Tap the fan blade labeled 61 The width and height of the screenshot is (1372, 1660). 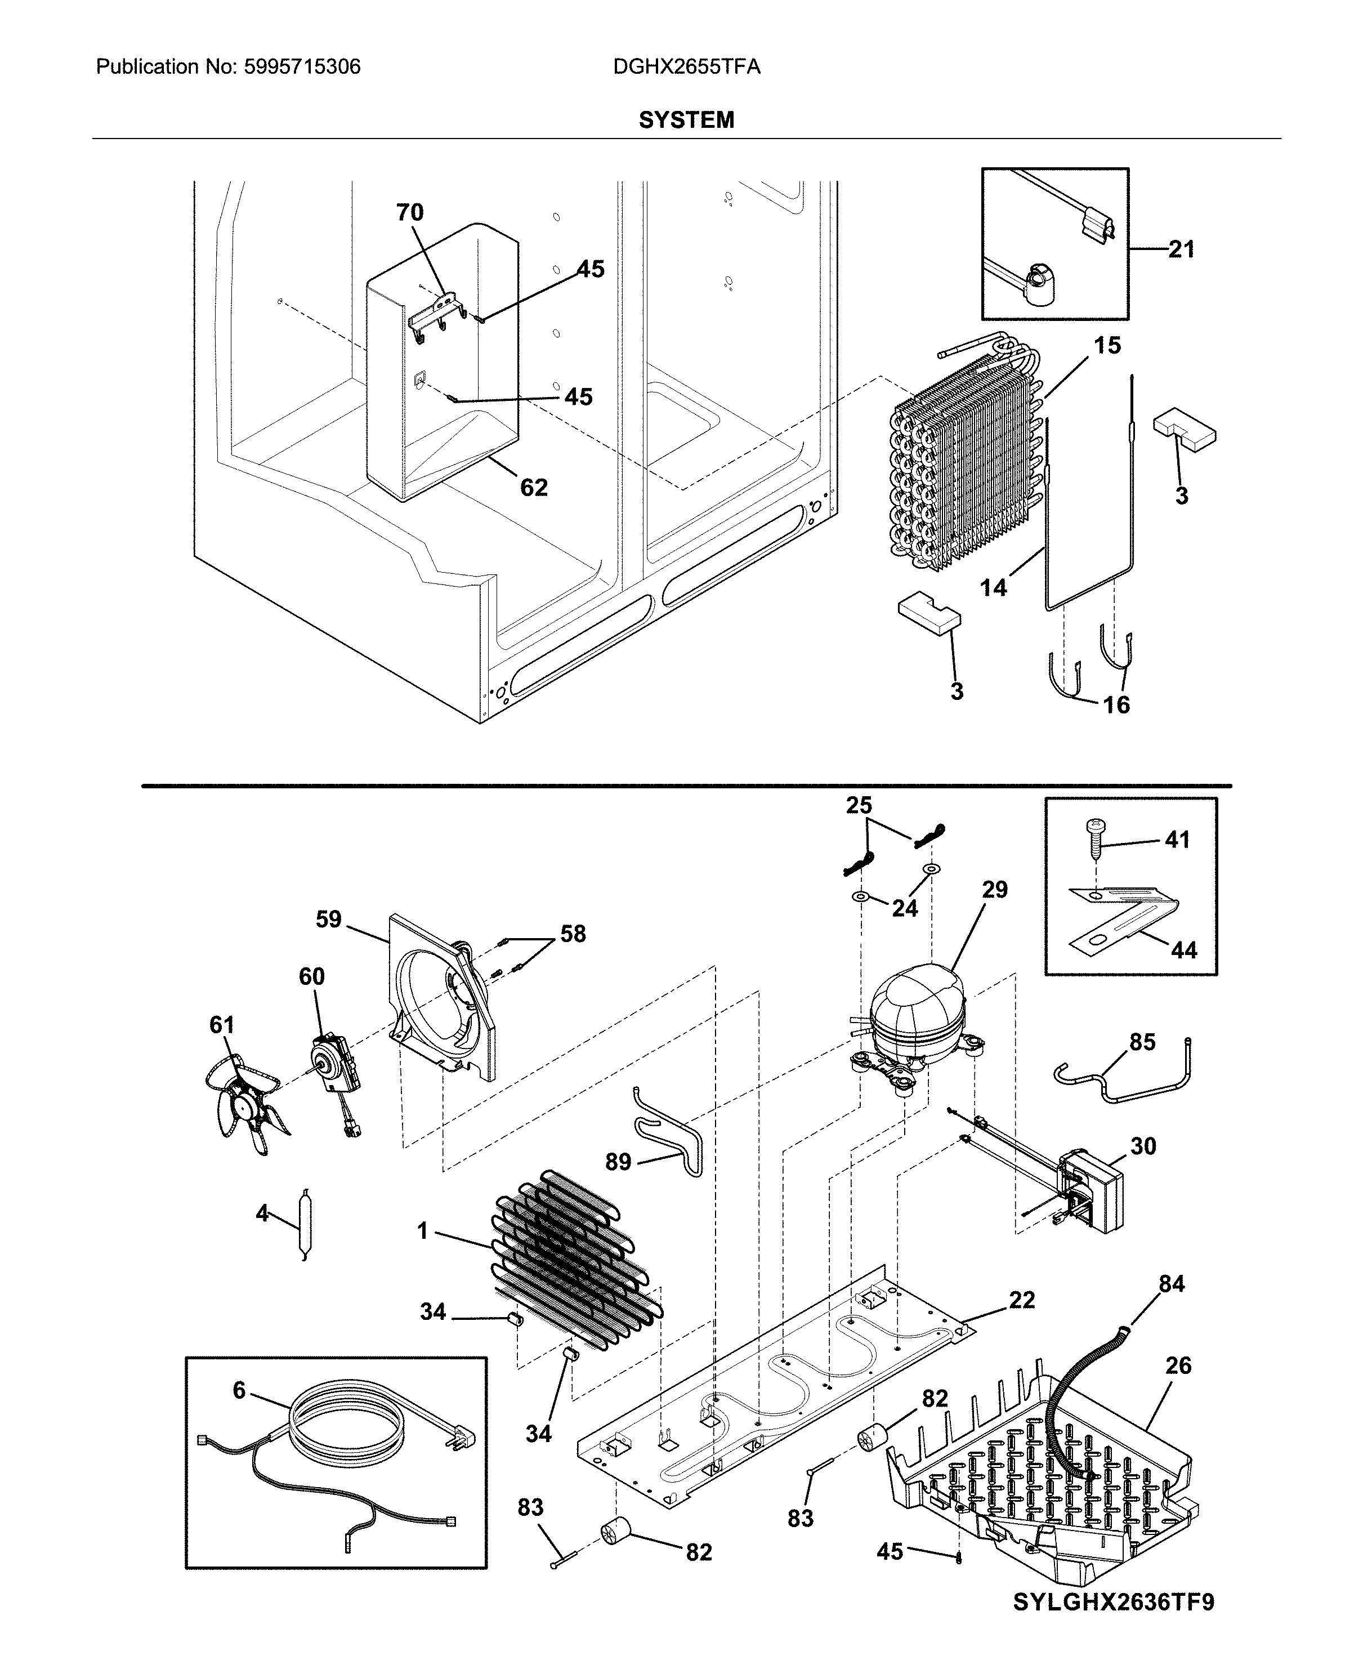(x=244, y=1099)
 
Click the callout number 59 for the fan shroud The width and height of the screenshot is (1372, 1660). (x=329, y=920)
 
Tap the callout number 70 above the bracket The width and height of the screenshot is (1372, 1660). (x=409, y=213)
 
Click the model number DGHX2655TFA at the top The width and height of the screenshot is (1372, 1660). (x=686, y=67)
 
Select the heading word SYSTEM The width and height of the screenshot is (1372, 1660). (x=686, y=120)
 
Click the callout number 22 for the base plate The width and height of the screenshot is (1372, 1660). (x=1021, y=1300)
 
